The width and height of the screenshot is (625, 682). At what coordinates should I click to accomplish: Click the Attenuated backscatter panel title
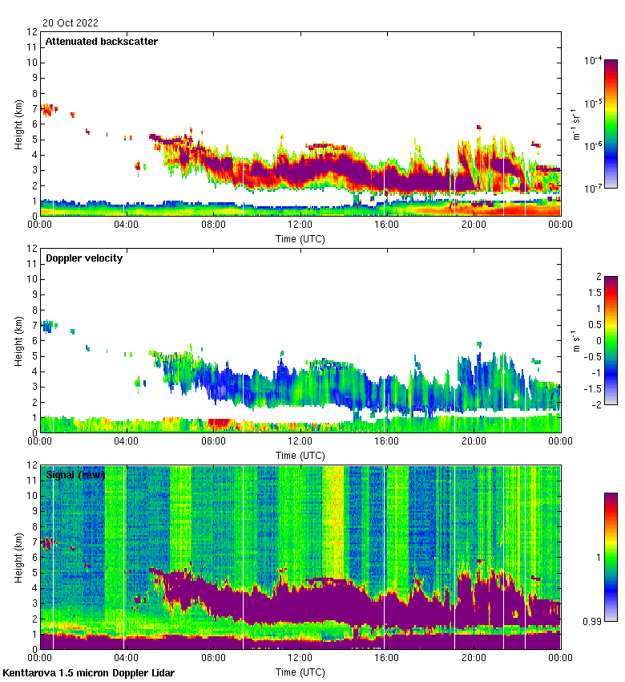pos(101,42)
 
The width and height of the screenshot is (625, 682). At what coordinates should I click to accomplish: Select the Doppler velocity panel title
pos(84,258)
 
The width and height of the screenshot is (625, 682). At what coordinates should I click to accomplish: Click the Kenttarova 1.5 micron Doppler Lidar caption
pos(88,672)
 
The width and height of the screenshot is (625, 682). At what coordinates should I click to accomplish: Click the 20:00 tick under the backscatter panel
pos(474,225)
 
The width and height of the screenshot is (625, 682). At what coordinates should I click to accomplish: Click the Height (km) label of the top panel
pos(18,124)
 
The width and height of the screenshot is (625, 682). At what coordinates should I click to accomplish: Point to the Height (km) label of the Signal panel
pos(18,557)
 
